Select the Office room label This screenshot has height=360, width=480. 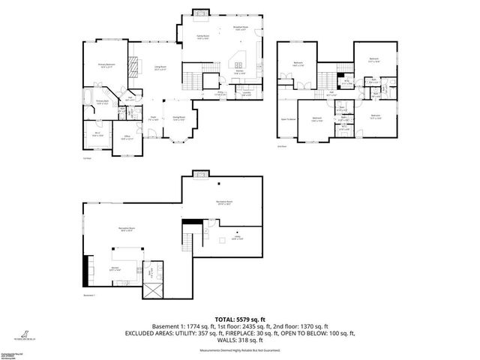click(125, 136)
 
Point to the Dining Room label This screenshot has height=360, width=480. click(179, 118)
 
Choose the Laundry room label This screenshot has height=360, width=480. click(247, 94)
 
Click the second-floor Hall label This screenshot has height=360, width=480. click(331, 91)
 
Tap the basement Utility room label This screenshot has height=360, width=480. click(236, 238)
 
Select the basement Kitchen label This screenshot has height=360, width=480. click(116, 268)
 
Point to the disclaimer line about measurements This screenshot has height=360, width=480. click(239, 350)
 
